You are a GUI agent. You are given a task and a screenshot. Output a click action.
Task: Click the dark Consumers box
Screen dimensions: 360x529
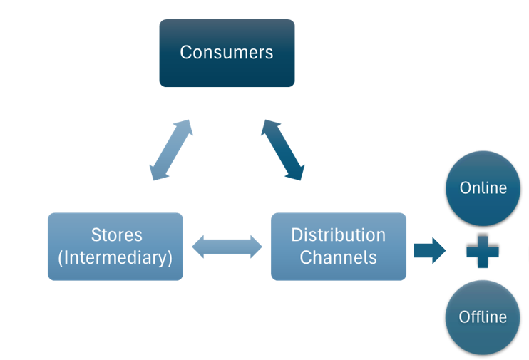(227, 53)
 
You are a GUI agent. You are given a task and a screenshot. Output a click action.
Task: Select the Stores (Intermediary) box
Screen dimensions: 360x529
(115, 246)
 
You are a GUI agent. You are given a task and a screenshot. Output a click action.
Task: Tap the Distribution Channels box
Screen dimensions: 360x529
(339, 246)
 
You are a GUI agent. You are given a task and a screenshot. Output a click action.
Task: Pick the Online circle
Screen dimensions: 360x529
(483, 188)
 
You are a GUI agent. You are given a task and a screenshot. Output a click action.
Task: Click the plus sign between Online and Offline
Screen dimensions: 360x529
(483, 251)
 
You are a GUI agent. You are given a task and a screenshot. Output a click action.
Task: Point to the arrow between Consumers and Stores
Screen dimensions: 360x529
(171, 150)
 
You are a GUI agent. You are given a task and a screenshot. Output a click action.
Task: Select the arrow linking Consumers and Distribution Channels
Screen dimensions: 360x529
(283, 150)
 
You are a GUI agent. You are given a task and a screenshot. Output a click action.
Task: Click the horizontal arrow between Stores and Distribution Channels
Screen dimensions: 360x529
(227, 247)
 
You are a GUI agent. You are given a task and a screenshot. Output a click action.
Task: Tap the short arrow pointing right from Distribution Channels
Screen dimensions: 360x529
(429, 251)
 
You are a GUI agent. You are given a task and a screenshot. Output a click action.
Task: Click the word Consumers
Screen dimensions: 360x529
(227, 52)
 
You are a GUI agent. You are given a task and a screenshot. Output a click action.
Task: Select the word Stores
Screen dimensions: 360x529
(116, 235)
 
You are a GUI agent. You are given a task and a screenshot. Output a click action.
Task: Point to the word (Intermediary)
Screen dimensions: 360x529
(115, 257)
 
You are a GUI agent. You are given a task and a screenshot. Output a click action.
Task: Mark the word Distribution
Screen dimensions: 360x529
(339, 235)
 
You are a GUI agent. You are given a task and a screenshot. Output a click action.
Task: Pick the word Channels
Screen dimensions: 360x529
(339, 257)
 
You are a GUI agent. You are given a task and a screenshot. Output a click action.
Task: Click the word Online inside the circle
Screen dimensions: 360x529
(483, 188)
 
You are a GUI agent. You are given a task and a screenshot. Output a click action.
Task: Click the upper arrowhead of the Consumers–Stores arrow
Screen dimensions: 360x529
(186, 126)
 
